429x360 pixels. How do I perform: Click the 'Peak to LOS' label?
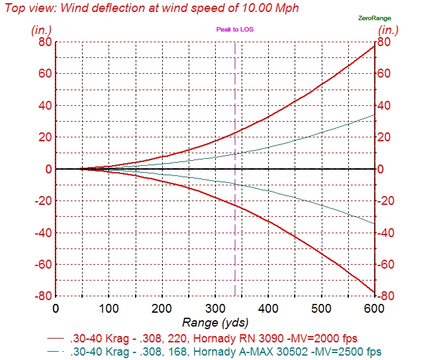point(235,30)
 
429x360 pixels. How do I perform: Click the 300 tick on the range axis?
point(215,308)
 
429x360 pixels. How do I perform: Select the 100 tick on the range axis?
point(109,308)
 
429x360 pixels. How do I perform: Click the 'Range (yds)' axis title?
point(215,322)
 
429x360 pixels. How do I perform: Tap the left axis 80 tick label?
point(44,42)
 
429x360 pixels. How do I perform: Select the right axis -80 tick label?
point(387,296)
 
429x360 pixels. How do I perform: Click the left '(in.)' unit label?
point(42,30)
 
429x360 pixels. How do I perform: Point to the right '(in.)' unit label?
point(389,30)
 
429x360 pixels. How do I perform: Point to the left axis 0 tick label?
point(47,169)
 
